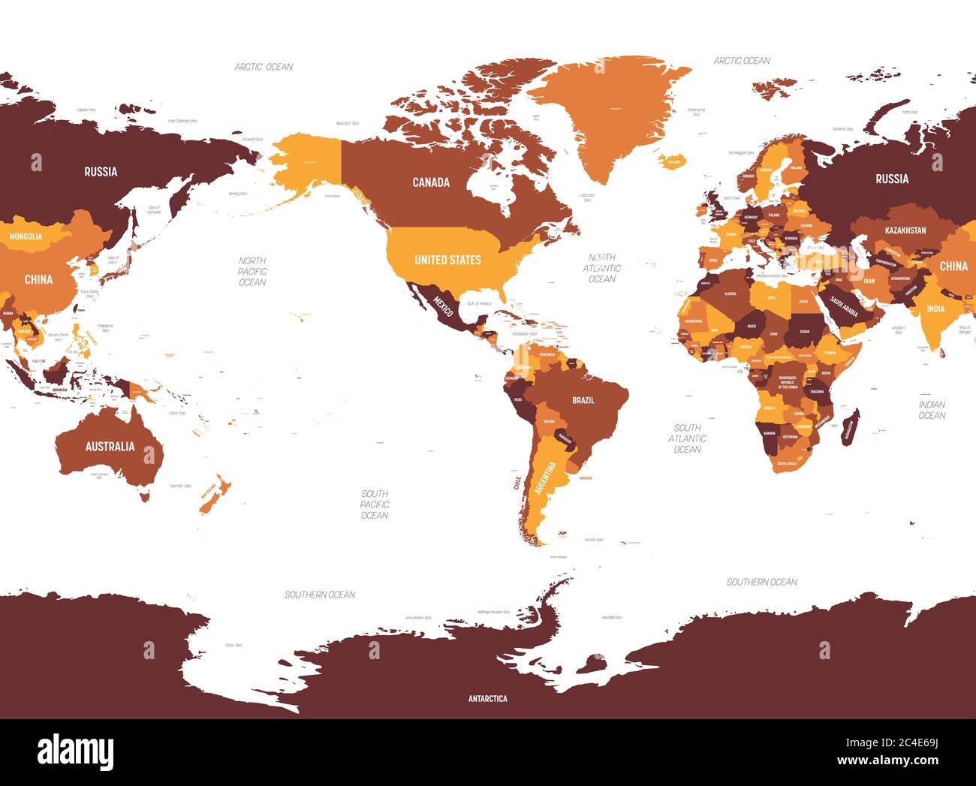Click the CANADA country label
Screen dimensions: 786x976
coord(431,182)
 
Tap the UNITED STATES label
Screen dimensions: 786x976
coord(447,260)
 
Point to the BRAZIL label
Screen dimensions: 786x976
coord(583,400)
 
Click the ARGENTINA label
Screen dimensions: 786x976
coord(546,477)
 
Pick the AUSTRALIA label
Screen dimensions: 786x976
coord(110,447)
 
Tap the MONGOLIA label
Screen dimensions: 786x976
coord(26,236)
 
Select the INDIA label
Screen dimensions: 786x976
coord(935,309)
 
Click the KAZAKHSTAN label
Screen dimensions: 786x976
coord(905,230)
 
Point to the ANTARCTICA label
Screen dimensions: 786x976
coord(487,699)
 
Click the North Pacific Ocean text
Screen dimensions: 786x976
coord(252,271)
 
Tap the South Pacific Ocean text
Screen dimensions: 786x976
coord(374,504)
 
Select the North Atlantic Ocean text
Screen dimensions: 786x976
coord(601,268)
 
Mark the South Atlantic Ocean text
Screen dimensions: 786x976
coord(687,438)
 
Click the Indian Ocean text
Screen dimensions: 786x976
coord(932,410)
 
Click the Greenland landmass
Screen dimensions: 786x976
coord(608,113)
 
